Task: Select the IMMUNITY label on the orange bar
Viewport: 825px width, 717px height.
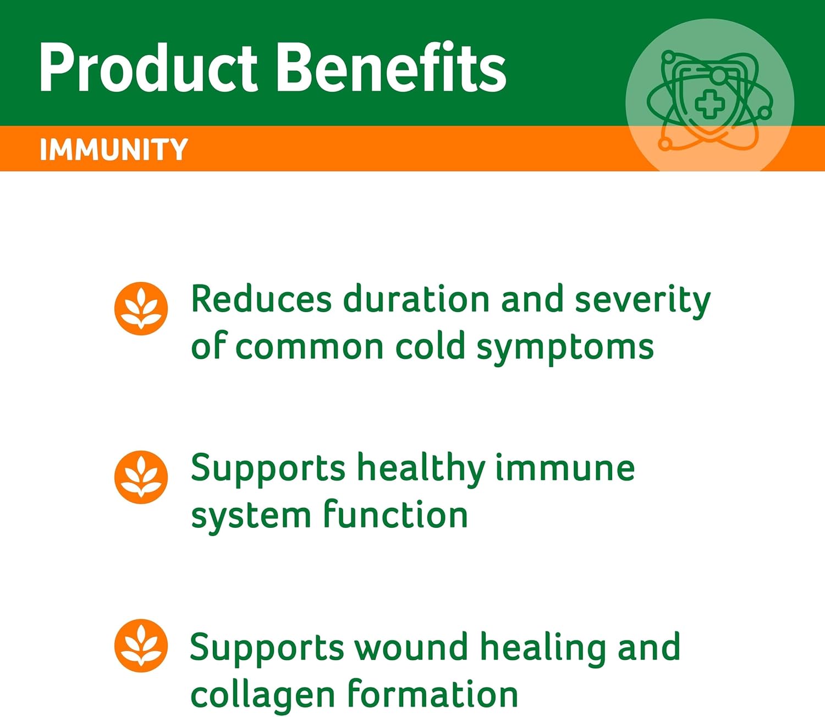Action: point(114,150)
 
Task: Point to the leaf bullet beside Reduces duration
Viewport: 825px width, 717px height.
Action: point(141,309)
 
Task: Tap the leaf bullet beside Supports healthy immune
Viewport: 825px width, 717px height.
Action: point(141,477)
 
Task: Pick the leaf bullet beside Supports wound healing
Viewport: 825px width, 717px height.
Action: point(141,645)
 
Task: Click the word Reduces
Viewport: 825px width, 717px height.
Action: point(261,300)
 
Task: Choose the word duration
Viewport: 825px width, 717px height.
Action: point(416,300)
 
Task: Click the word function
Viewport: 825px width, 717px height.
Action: point(395,515)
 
